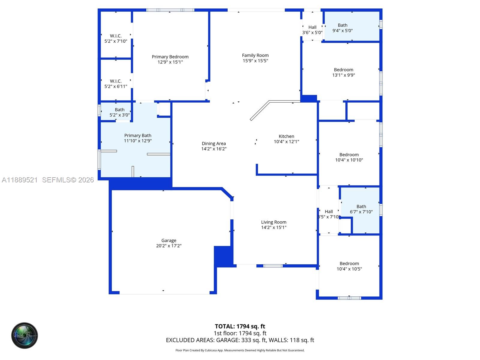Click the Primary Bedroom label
[170, 57]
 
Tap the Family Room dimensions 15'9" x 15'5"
[255, 61]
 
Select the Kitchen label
[286, 136]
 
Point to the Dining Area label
[214, 143]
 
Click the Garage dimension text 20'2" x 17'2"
[169, 246]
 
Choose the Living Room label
[274, 222]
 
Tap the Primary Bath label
[138, 136]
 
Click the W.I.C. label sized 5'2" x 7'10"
[116, 36]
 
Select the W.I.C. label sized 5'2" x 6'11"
[116, 81]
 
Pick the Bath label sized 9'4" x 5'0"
[343, 25]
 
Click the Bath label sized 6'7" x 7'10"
[361, 206]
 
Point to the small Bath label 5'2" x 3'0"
[119, 110]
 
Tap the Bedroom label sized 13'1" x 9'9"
[343, 70]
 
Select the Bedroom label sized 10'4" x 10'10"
[349, 155]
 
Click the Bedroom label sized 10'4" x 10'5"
[349, 264]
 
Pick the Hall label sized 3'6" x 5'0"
[312, 27]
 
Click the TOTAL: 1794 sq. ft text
[240, 326]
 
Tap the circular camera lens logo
[25, 336]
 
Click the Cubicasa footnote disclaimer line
[240, 350]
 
